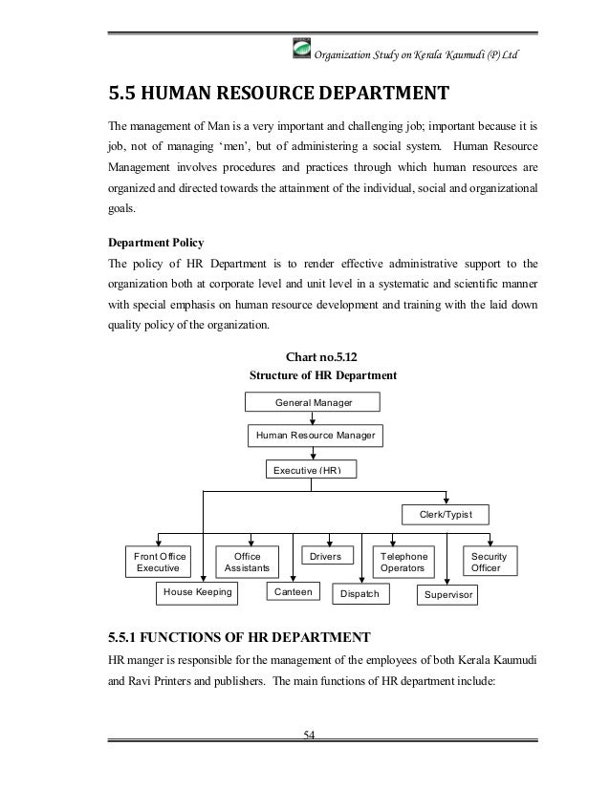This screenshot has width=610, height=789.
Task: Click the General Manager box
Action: [x=314, y=403]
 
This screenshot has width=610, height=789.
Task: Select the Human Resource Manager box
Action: [x=314, y=437]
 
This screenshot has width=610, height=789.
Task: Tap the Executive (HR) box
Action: [x=314, y=470]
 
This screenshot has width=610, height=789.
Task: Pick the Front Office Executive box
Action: [x=160, y=561]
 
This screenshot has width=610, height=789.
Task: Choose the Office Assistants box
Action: [x=247, y=561]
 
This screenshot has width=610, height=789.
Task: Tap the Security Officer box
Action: [x=489, y=561]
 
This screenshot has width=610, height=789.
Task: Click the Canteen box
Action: [x=294, y=593]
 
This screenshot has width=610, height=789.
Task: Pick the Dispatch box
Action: [x=359, y=595]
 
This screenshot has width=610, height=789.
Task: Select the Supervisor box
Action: [x=449, y=595]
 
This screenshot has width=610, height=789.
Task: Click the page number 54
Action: [x=309, y=734]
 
